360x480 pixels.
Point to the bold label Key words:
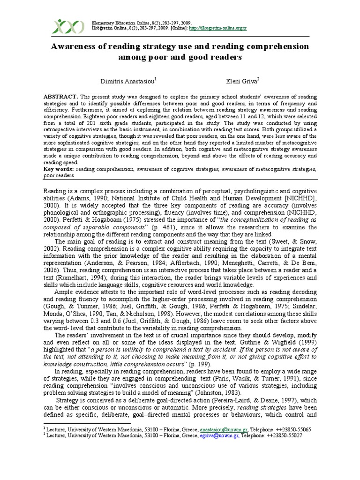click(59, 168)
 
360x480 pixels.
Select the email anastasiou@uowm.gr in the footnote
click(219, 429)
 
